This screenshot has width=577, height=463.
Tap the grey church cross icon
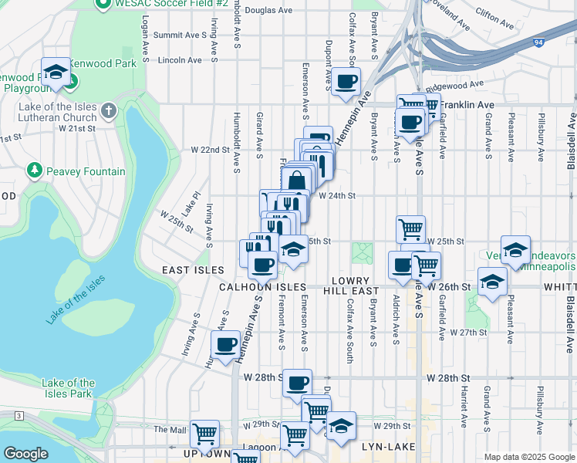108,110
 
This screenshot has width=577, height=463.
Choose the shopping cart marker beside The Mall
204,434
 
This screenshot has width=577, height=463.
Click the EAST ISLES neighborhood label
193,270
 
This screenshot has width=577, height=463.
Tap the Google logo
25,454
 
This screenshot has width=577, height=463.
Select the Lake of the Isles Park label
69,388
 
